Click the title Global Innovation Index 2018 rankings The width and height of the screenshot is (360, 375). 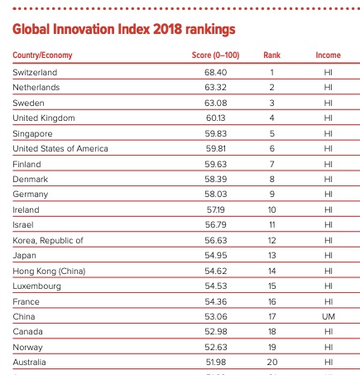click(x=124, y=30)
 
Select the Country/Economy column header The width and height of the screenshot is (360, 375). click(x=42, y=55)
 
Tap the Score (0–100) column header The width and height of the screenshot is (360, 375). click(x=215, y=55)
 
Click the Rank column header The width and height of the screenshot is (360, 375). click(x=271, y=55)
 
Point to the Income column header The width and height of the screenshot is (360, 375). click(x=328, y=55)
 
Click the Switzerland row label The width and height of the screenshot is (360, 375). click(x=35, y=72)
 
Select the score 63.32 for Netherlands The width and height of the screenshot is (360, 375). click(x=216, y=88)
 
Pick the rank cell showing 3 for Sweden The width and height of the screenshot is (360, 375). click(x=271, y=103)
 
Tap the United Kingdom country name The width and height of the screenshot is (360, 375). click(x=44, y=118)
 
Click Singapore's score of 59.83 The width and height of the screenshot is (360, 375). click(x=216, y=133)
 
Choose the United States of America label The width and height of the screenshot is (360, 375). click(x=60, y=149)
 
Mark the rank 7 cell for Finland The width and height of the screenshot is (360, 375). click(x=271, y=164)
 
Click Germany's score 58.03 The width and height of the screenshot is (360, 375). click(x=216, y=195)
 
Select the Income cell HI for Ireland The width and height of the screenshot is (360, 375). click(x=329, y=210)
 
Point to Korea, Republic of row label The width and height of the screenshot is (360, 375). click(x=48, y=241)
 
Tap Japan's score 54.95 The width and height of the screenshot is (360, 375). click(x=216, y=256)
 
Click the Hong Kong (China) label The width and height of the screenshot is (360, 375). click(x=49, y=272)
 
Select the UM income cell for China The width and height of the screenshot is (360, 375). click(x=329, y=316)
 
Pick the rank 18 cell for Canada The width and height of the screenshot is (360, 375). click(x=272, y=332)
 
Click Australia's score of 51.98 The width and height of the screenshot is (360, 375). click(x=216, y=362)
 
